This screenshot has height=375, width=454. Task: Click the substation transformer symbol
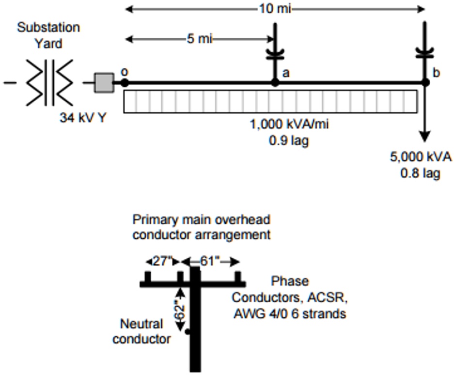[x=49, y=82]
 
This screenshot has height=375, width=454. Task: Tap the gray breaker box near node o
[x=104, y=82]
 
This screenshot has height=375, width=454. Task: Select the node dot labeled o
[x=125, y=83]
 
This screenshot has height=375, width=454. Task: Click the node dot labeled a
[x=275, y=83]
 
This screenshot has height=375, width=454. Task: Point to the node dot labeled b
[x=425, y=83]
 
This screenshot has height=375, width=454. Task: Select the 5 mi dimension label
[x=199, y=39]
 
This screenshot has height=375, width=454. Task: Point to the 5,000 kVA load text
[x=421, y=157]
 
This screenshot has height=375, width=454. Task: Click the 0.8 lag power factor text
[x=420, y=172]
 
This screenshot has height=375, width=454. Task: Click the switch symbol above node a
[x=275, y=53]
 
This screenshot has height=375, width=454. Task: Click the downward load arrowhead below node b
[x=425, y=136]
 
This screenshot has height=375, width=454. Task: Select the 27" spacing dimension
[x=162, y=262]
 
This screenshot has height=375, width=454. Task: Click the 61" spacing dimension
[x=210, y=262]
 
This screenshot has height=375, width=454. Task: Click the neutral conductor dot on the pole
[x=188, y=332]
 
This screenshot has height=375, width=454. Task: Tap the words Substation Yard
[x=48, y=35]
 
